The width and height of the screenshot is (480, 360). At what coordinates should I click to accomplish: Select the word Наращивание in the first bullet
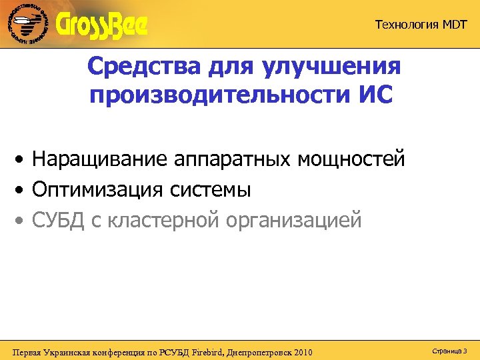(x=100, y=160)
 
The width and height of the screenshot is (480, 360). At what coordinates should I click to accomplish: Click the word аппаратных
(x=233, y=160)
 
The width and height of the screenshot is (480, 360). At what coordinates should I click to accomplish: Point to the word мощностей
(x=351, y=160)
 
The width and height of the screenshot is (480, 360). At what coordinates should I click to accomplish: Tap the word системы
(x=210, y=190)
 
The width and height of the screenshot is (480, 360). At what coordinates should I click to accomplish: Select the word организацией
(x=294, y=219)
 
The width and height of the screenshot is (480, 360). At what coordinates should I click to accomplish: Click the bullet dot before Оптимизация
(x=22, y=191)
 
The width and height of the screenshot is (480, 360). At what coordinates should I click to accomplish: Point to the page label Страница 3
(x=449, y=350)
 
